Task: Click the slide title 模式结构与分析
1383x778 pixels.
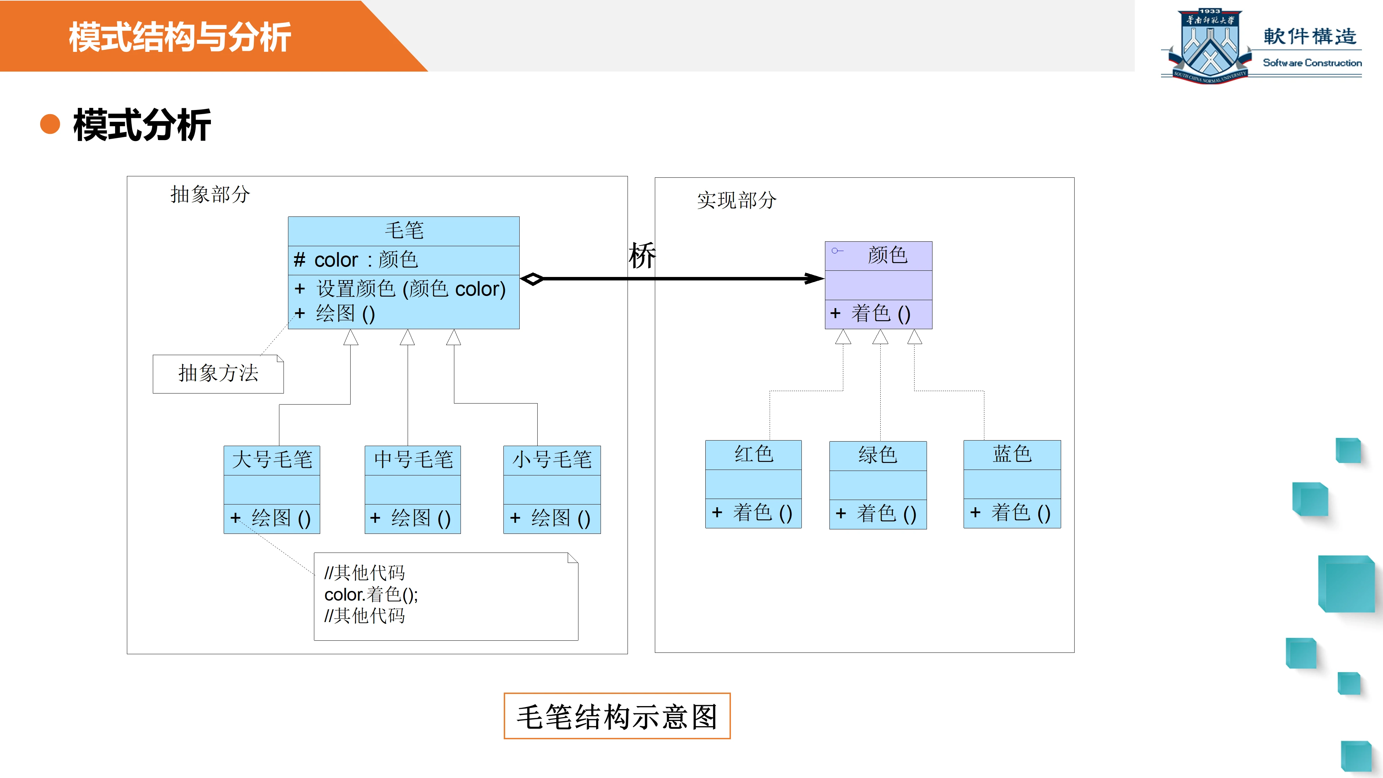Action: [180, 37]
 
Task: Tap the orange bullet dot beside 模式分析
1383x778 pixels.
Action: [50, 124]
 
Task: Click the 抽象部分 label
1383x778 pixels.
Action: [210, 194]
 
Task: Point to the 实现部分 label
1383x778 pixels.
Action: [736, 200]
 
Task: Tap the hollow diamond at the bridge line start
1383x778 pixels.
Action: [532, 279]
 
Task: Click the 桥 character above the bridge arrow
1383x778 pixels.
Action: [642, 255]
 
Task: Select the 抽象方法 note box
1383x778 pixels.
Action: [218, 374]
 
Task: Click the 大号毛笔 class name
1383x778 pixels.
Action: [272, 460]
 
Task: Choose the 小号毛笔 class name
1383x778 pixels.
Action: [552, 460]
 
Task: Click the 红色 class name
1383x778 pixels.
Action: [753, 454]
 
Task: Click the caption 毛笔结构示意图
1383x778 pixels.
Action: [617, 717]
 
